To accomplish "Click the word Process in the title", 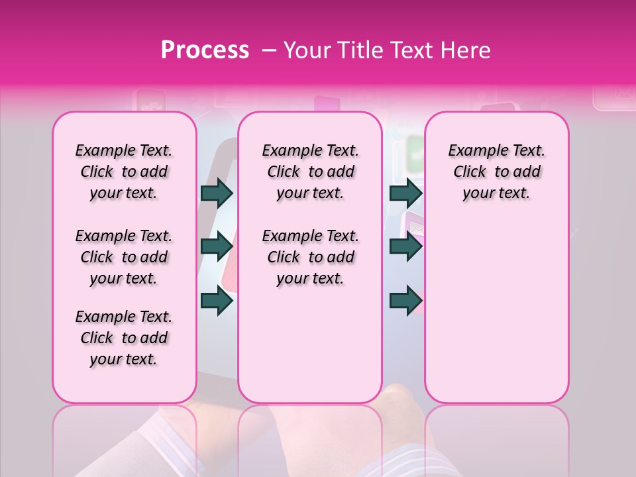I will tap(205, 50).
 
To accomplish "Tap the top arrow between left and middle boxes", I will tap(217, 193).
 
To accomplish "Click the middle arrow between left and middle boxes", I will tap(217, 246).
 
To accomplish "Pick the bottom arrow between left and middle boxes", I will tap(217, 300).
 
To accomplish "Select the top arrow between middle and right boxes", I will tap(405, 193).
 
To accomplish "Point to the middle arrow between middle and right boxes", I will tap(405, 246).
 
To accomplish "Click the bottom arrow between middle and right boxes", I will tap(405, 300).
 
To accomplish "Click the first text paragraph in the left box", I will tap(124, 172).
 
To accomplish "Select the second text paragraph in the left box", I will tap(124, 257).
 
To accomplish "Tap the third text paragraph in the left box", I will tap(124, 338).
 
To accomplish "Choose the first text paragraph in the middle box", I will tap(310, 172).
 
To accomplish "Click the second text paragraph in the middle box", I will tap(310, 257).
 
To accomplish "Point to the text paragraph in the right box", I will tap(496, 172).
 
